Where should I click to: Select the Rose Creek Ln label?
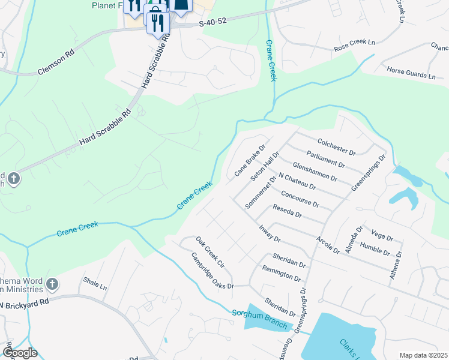[x=354, y=43]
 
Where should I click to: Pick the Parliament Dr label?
[x=325, y=158]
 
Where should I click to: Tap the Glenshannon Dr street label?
[x=316, y=172]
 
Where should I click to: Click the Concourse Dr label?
[x=300, y=199]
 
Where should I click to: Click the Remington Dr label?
[x=282, y=274]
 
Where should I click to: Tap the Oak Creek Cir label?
[x=209, y=252]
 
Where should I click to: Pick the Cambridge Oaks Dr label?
[x=212, y=270]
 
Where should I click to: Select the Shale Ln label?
[x=95, y=280]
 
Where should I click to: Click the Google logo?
[x=20, y=353]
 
